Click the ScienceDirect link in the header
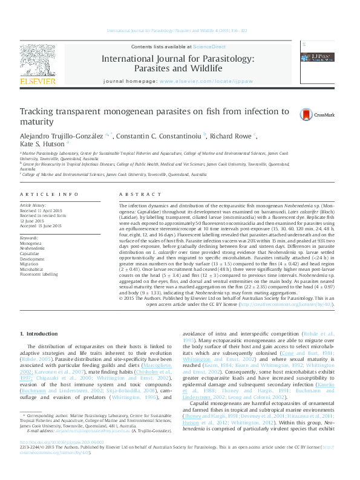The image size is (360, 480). [x=208, y=47]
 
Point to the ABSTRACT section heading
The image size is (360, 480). [x=139, y=193]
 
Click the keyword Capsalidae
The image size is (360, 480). [x=30, y=253]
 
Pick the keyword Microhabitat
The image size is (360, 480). [x=32, y=268]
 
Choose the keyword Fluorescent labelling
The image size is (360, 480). [x=40, y=274]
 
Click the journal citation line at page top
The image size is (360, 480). [x=180, y=30]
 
